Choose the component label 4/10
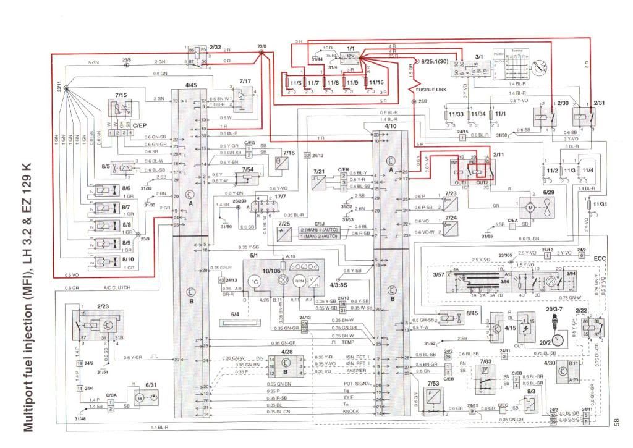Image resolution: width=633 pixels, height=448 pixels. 390,126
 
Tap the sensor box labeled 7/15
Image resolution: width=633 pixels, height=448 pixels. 120,109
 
